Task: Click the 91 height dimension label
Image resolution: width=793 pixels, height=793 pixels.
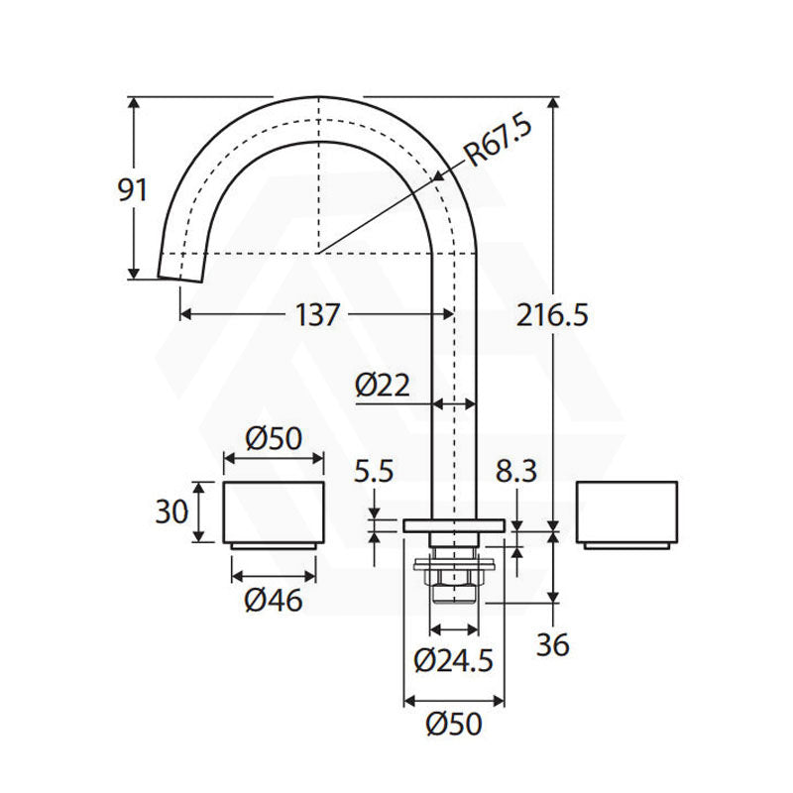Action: click(132, 189)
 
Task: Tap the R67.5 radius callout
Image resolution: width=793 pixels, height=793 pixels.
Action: click(499, 141)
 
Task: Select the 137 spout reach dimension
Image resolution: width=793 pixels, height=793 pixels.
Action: click(317, 314)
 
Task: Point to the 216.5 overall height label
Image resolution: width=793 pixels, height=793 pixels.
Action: click(552, 315)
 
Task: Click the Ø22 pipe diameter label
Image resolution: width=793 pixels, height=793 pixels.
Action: click(383, 386)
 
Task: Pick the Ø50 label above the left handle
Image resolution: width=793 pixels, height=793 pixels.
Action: click(274, 438)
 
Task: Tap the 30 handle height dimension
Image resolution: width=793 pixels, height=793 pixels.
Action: click(171, 511)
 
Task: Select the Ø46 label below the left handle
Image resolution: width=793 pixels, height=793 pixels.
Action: click(274, 600)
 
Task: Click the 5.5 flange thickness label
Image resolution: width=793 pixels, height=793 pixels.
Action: click(374, 471)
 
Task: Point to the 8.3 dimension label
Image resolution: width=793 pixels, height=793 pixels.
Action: click(515, 471)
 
